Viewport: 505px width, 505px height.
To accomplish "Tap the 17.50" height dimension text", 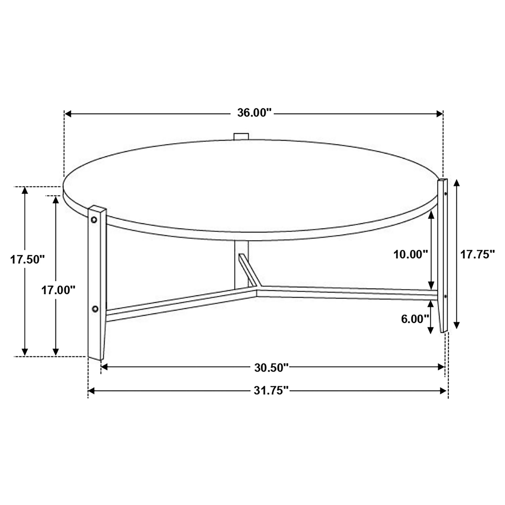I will pos(27,260).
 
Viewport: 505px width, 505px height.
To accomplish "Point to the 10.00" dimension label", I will pos(410,254).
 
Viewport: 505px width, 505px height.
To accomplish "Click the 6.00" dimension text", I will pos(415,319).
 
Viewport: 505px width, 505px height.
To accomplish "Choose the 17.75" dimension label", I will pos(478,254).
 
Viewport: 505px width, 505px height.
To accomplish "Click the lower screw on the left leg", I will pos(95,309).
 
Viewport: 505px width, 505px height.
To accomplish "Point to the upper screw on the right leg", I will pos(446,194).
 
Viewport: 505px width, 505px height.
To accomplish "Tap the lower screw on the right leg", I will pos(445,296).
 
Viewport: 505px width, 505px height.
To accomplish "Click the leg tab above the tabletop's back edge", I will pos(241,136).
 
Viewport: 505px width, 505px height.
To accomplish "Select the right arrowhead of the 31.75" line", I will pos(443,398).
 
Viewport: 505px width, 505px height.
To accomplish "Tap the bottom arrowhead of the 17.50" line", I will pos(25,352).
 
